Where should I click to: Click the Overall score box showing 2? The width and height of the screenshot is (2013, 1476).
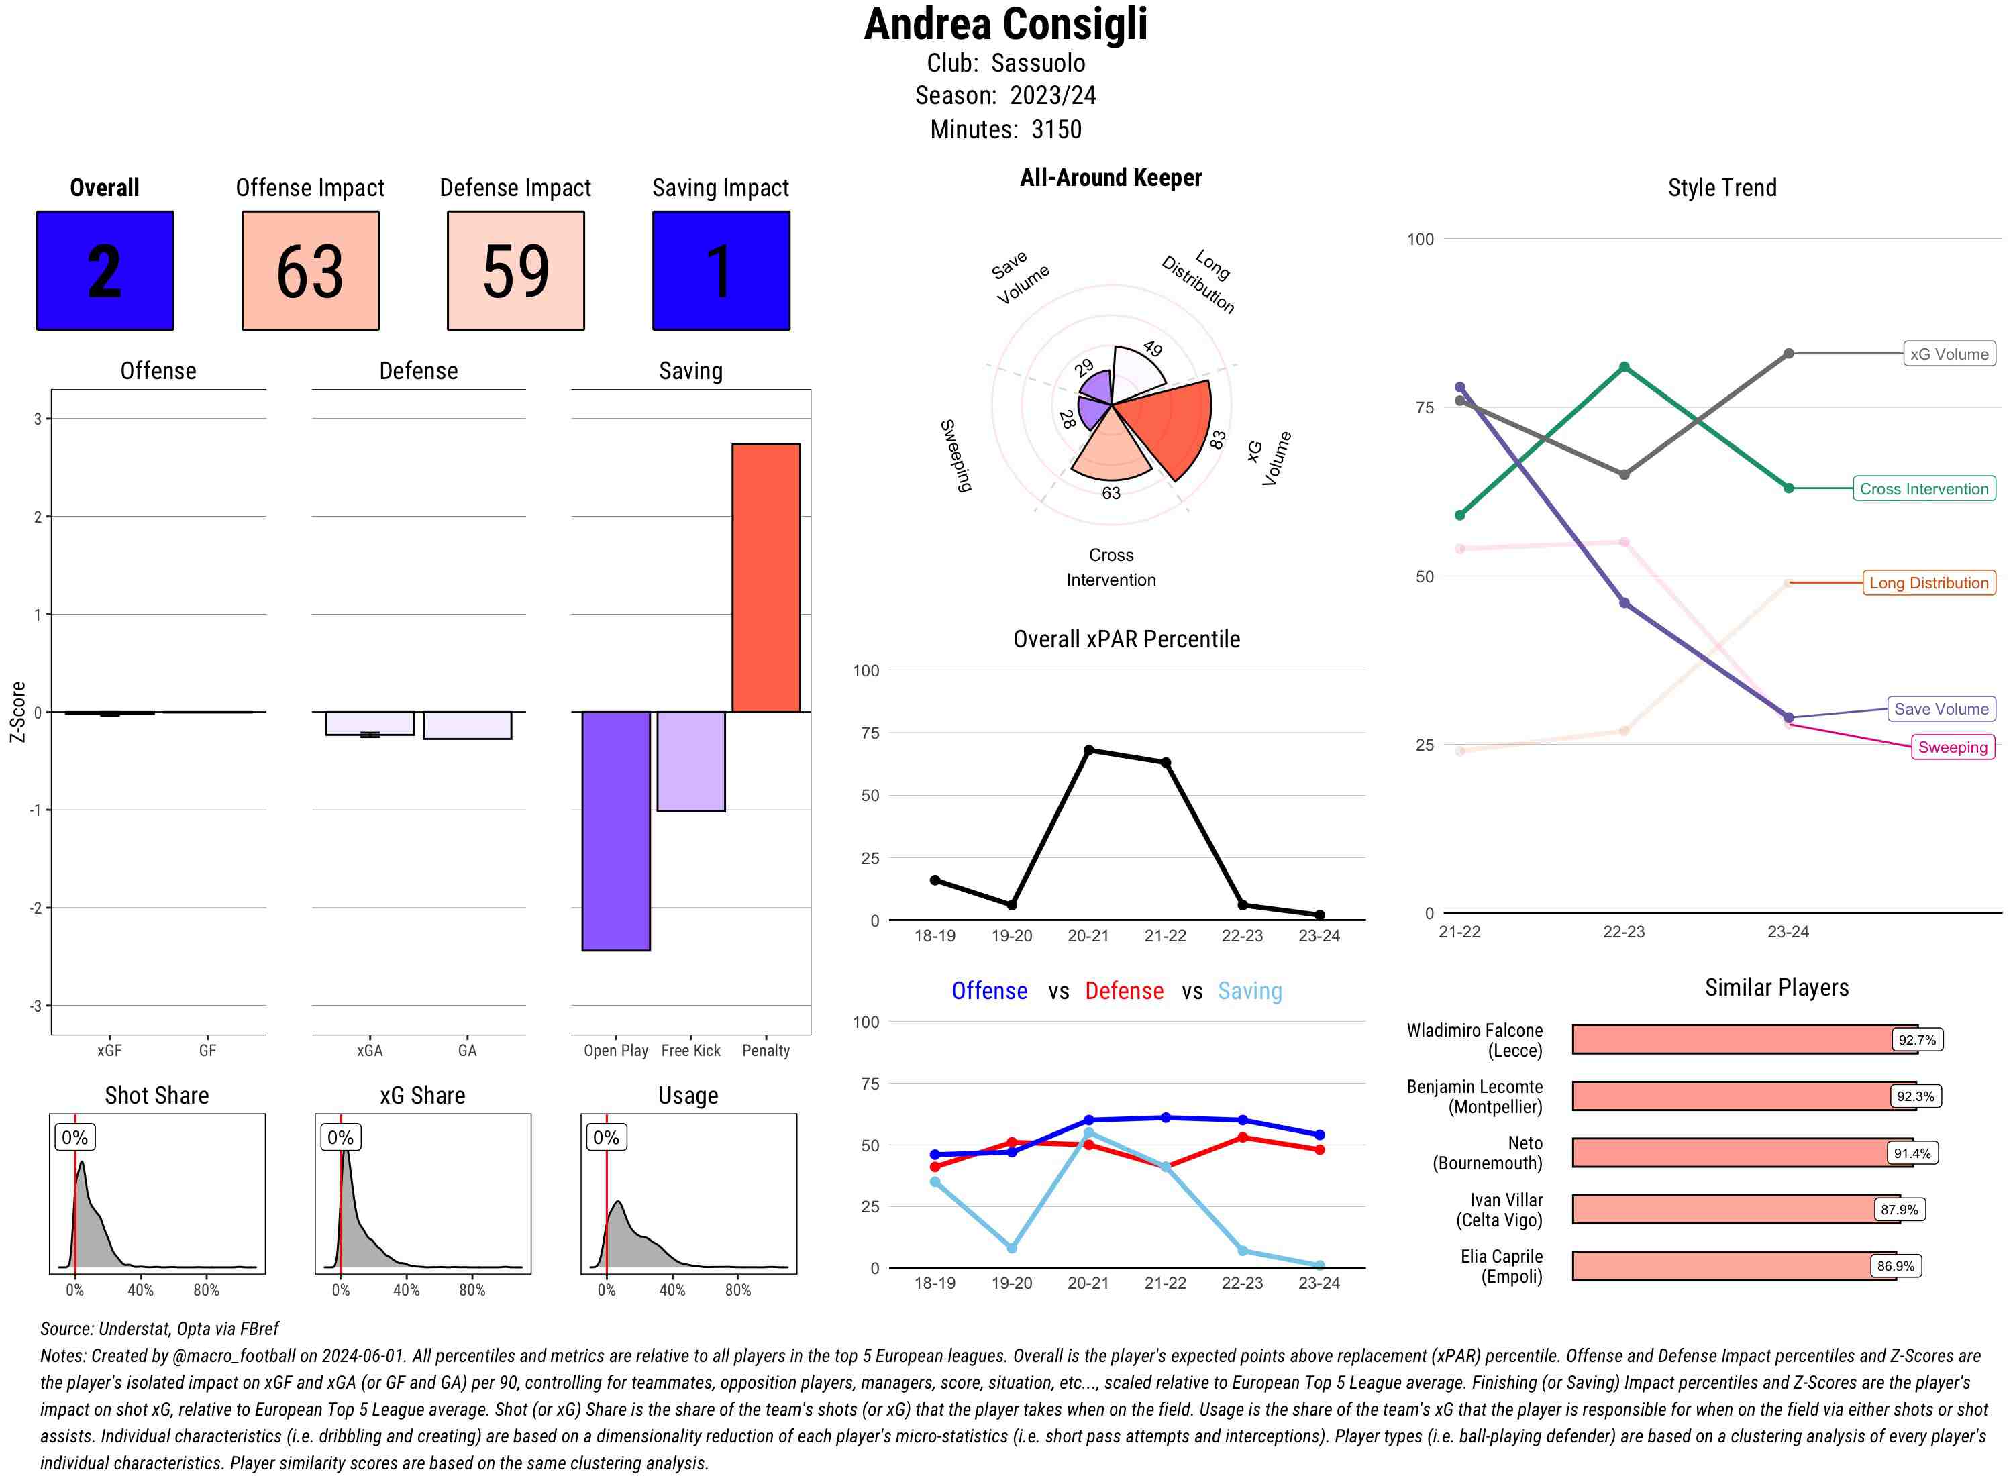click(x=105, y=271)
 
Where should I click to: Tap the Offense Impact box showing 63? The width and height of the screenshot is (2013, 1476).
click(x=310, y=271)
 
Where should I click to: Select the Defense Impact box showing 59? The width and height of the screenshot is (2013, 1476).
click(x=515, y=271)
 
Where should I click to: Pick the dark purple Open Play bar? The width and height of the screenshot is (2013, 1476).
click(x=615, y=831)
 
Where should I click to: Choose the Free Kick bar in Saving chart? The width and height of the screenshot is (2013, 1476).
click(x=690, y=761)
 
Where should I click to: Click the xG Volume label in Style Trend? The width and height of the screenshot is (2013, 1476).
click(x=1949, y=354)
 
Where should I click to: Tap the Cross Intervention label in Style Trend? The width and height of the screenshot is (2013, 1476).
click(x=1924, y=488)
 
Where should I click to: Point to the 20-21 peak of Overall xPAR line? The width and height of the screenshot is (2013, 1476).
click(x=1088, y=751)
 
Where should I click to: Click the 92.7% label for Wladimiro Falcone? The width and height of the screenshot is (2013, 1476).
click(x=1916, y=1040)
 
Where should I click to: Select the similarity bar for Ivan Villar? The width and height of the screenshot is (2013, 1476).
click(x=1724, y=1210)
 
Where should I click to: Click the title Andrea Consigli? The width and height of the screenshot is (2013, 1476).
click(x=1005, y=25)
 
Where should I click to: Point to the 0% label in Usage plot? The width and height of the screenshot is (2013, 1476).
click(x=606, y=1137)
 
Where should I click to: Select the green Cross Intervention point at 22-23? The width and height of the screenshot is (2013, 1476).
click(x=1623, y=367)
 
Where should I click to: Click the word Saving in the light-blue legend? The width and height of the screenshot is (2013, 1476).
click(x=1249, y=991)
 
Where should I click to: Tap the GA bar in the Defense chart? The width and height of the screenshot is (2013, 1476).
click(x=467, y=725)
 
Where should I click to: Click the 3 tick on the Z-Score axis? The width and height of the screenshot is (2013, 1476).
click(x=38, y=418)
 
